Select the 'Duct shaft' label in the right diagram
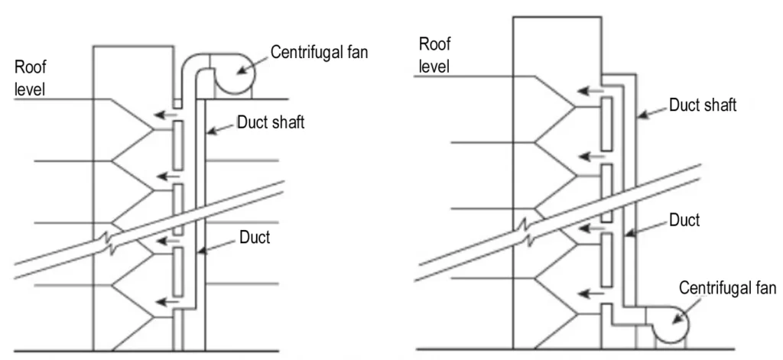(703, 105)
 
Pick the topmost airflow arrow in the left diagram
(164, 116)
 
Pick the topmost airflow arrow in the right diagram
(588, 91)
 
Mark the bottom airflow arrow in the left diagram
(164, 301)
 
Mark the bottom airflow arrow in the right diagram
(588, 292)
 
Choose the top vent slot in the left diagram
(177, 145)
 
